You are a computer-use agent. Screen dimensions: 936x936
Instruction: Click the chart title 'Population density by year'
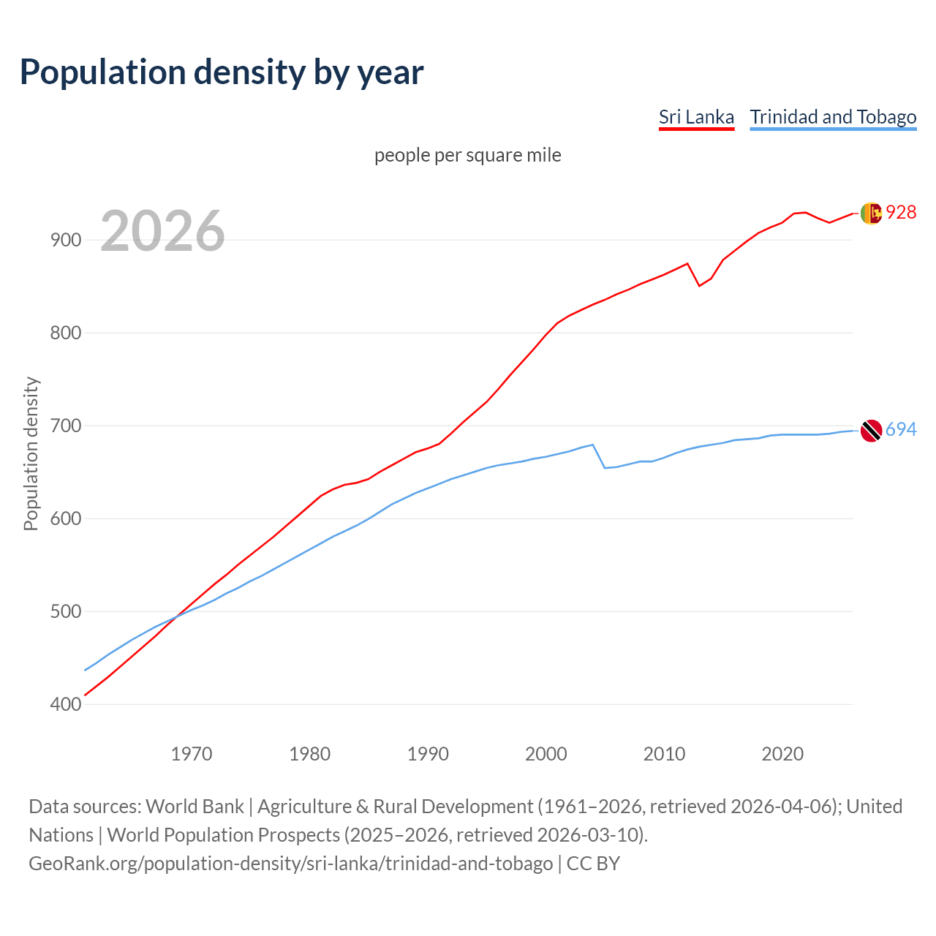[x=222, y=72]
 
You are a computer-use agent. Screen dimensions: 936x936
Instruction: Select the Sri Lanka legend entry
[x=696, y=117]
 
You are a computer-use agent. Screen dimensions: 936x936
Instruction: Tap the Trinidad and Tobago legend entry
[x=833, y=117]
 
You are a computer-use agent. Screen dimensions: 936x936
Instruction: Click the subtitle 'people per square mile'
[x=467, y=155]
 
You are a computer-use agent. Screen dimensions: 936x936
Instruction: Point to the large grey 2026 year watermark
[x=162, y=231]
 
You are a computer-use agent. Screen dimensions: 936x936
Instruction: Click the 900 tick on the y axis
[x=65, y=240]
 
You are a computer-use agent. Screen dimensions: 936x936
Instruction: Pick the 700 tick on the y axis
[x=65, y=426]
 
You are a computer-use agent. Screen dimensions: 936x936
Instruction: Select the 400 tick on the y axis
[x=65, y=704]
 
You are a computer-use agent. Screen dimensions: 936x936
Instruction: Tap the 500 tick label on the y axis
[x=65, y=611]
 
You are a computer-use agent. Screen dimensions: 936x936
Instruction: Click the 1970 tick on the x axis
[x=192, y=753]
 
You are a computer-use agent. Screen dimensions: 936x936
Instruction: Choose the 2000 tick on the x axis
[x=546, y=753]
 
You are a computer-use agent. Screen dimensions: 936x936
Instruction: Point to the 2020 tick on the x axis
[x=782, y=753]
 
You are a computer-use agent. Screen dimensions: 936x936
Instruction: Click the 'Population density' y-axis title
[x=31, y=453]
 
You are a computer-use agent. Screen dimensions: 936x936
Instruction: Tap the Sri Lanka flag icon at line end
[x=871, y=213]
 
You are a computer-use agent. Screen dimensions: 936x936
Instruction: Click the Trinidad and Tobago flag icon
[x=871, y=431]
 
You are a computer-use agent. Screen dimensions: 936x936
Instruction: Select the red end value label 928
[x=901, y=212]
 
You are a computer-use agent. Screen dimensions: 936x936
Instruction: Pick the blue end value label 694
[x=901, y=429]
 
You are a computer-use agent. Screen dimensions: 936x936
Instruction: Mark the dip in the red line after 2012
[x=699, y=285]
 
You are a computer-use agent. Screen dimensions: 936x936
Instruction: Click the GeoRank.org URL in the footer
[x=290, y=863]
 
